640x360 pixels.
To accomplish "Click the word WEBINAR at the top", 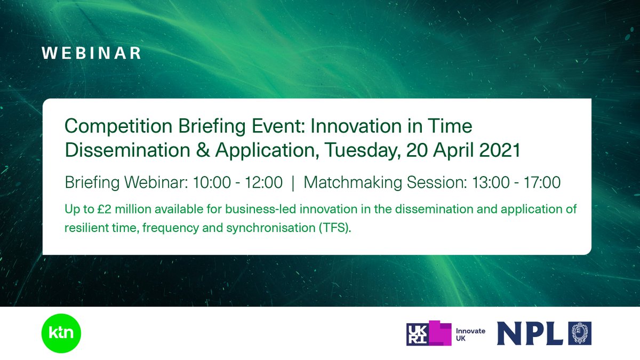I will (92, 54).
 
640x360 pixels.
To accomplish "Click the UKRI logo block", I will (429, 333).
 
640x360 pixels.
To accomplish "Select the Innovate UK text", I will (470, 334).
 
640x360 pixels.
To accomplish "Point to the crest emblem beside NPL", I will (580, 334).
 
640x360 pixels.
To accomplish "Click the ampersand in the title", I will (202, 150).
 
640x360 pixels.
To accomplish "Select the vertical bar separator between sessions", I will (293, 183).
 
